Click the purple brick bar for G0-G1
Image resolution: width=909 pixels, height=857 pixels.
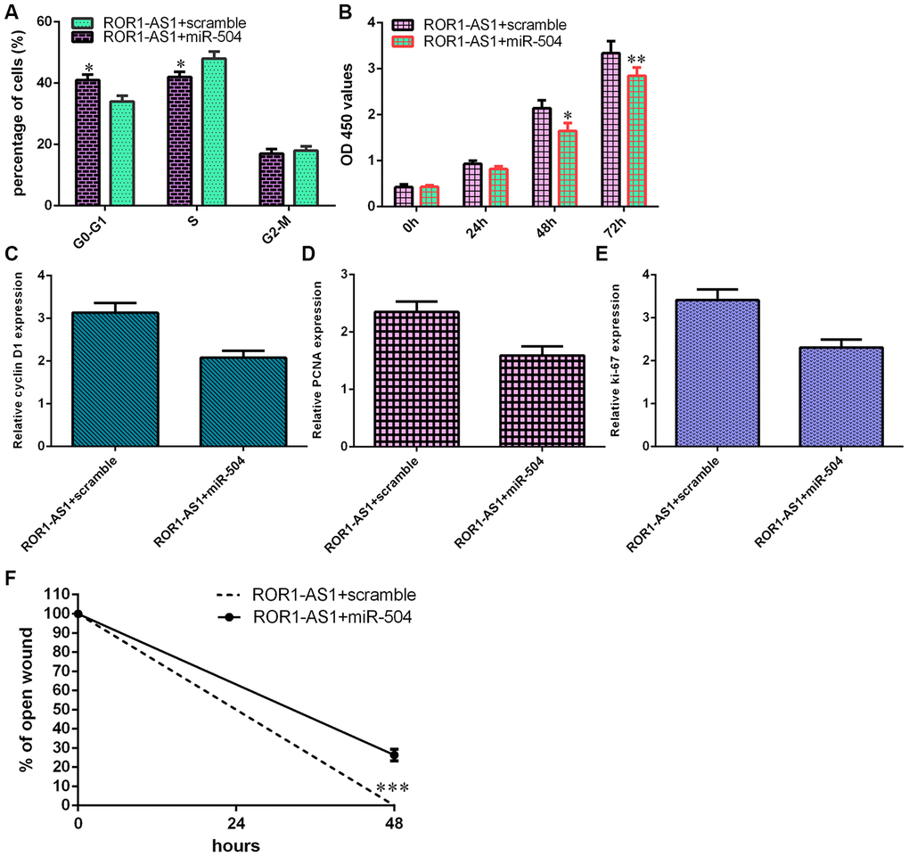pos(87,143)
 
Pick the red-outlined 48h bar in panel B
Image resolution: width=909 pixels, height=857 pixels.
pos(568,169)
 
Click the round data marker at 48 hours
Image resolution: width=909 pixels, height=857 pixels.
pos(394,755)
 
